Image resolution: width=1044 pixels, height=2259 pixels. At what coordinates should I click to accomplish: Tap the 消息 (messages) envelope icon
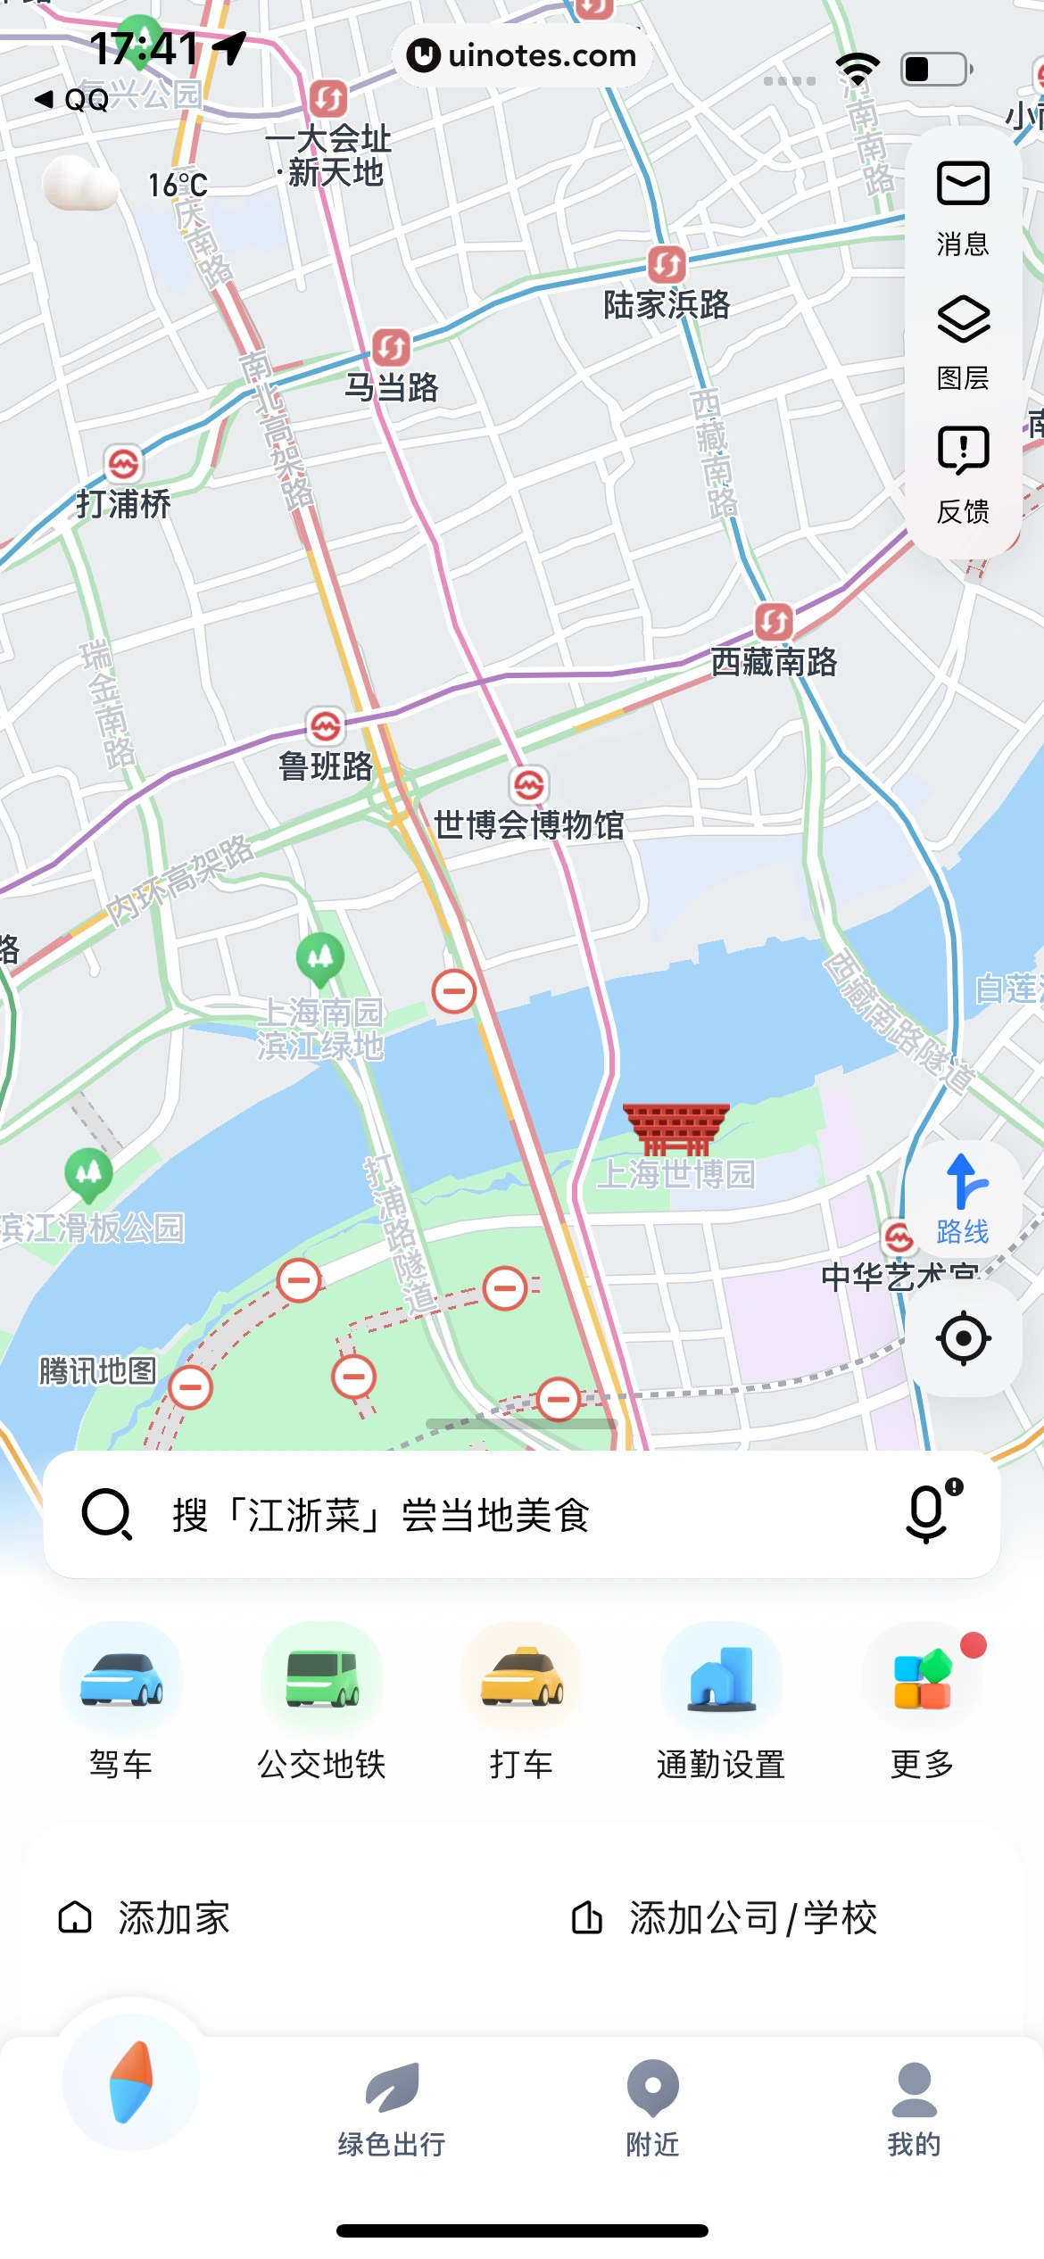[963, 185]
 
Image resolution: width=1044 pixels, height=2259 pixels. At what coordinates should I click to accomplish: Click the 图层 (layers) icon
[963, 319]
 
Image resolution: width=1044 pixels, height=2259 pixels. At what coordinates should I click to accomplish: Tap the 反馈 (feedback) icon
[963, 449]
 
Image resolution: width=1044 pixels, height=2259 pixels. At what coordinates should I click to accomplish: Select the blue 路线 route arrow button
[963, 1183]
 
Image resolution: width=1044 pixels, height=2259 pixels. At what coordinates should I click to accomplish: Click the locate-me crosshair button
[963, 1338]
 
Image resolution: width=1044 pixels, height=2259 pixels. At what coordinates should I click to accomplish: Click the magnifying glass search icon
[107, 1513]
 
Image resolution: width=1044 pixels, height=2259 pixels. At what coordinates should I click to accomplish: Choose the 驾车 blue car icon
[121, 1680]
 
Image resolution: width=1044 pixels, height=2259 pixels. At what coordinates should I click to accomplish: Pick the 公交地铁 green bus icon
[321, 1680]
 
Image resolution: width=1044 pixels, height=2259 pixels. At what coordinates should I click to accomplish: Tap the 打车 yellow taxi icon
[521, 1680]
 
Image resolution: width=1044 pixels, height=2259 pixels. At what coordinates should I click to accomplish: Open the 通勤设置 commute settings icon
[721, 1680]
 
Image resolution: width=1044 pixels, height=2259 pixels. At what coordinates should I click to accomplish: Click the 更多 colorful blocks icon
[922, 1680]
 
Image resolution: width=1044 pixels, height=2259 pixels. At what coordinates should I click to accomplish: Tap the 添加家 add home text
[174, 1918]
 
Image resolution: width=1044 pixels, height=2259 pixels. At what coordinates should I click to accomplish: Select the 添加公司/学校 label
[752, 1918]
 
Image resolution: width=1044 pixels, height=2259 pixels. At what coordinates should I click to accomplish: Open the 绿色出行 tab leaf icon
[392, 2088]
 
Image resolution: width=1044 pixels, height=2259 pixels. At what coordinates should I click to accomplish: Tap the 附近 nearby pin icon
[652, 2088]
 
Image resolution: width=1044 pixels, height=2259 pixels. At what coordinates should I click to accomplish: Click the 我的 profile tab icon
[914, 2088]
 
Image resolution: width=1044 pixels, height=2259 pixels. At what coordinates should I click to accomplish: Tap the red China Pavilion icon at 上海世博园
[675, 1128]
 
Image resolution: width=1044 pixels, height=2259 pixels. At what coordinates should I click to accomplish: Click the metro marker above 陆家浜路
[667, 265]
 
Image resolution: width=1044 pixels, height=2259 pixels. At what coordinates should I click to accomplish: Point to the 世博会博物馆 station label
[528, 825]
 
